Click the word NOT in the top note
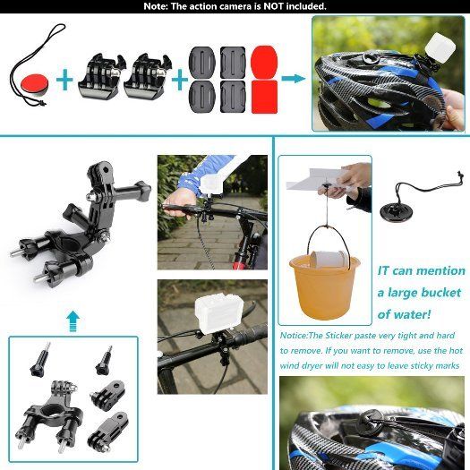(273, 6)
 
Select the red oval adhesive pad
(264, 63)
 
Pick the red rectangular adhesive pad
(264, 97)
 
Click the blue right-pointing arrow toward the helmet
(293, 79)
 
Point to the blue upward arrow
(73, 321)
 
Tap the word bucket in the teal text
(441, 293)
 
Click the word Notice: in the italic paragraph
(294, 336)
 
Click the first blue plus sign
(64, 80)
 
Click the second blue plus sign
(180, 80)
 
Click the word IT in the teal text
(383, 270)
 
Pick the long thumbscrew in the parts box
(40, 359)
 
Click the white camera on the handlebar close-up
(218, 314)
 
